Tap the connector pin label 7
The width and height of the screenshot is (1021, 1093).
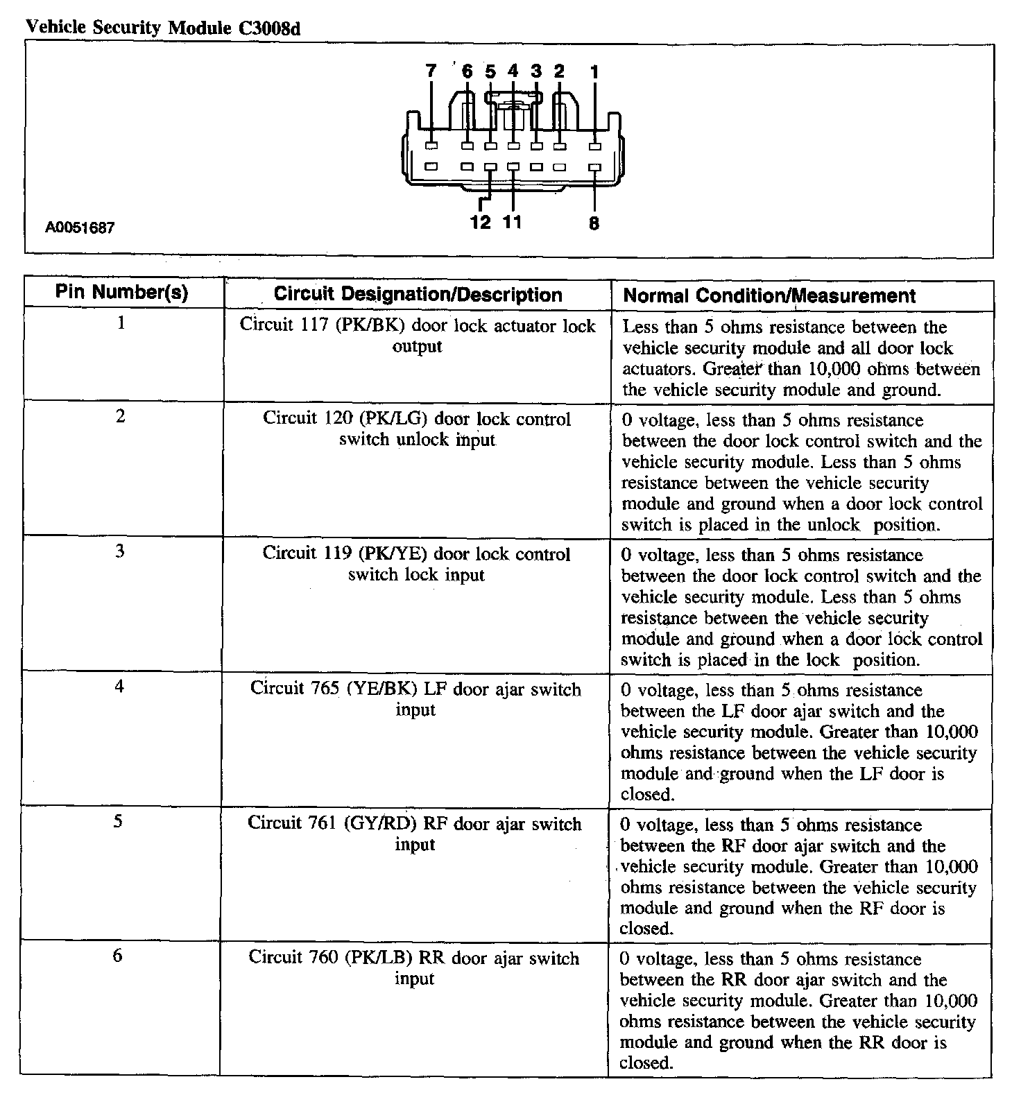(431, 71)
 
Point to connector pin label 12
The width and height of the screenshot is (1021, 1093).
(480, 222)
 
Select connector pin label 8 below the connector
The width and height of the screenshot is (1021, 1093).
(594, 223)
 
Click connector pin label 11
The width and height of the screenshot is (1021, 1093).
(512, 222)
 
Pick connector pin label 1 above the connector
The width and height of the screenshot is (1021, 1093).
(594, 71)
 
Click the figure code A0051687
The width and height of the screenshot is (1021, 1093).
(80, 228)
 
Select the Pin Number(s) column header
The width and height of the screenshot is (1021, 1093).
(122, 292)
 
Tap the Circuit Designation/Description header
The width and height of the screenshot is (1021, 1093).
(418, 294)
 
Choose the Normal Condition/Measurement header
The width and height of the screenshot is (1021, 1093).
(769, 295)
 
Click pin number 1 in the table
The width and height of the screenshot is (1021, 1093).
(121, 322)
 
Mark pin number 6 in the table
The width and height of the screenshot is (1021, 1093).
(118, 956)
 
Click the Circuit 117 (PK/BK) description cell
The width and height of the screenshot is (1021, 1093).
(418, 336)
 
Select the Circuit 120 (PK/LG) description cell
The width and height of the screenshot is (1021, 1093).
(417, 429)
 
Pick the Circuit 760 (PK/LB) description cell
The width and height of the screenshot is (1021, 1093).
(414, 967)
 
